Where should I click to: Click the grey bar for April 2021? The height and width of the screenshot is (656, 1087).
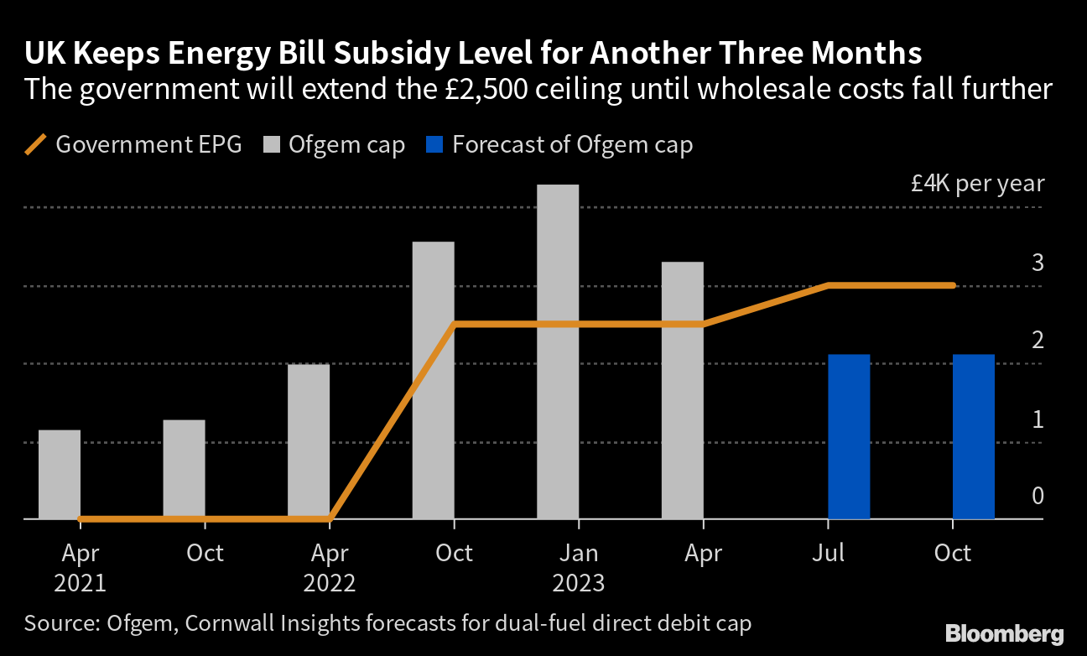click(60, 474)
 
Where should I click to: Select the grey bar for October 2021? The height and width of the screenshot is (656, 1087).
click(184, 469)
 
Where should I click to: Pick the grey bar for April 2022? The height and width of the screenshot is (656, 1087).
click(309, 441)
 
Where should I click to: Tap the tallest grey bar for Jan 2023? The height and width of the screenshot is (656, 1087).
click(558, 351)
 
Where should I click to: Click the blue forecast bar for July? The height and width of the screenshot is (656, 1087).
click(849, 436)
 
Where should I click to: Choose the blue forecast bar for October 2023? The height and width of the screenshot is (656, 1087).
click(973, 436)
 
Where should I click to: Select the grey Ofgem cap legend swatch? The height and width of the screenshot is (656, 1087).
click(271, 144)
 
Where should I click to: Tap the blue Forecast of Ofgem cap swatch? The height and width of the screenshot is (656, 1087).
click(434, 144)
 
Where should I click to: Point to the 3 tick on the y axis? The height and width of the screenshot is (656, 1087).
click(1038, 263)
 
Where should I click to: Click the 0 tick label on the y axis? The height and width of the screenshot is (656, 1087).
click(1038, 496)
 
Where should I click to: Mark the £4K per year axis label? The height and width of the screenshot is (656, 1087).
click(977, 184)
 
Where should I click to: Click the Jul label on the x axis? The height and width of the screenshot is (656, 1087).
click(828, 554)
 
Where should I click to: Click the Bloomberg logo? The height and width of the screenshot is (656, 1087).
click(1004, 634)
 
